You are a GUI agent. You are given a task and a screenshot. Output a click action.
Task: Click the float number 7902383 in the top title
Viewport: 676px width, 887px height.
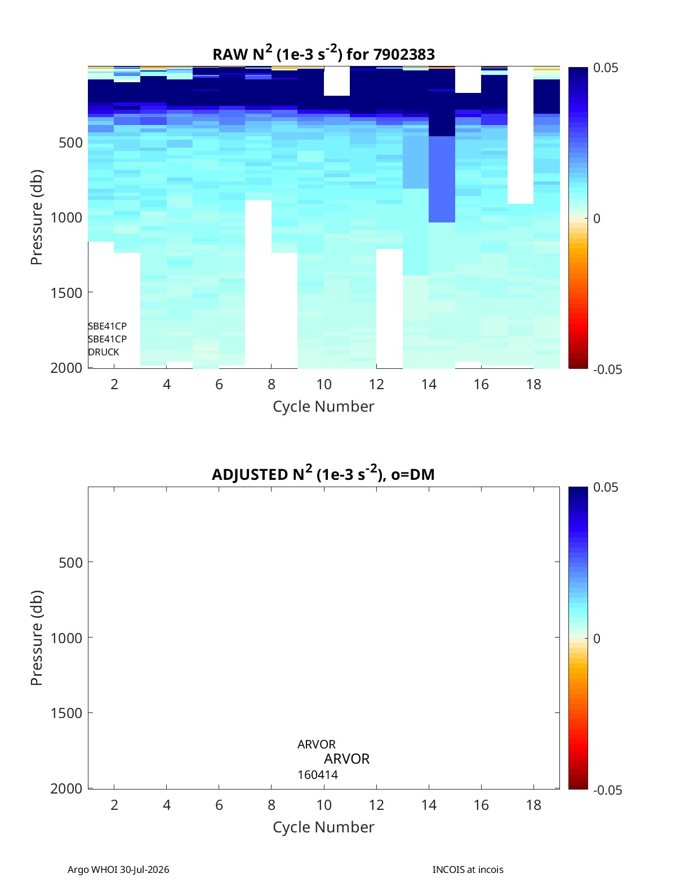click(404, 54)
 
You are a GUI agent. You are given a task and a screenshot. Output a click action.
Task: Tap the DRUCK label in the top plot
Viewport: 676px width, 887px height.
click(104, 352)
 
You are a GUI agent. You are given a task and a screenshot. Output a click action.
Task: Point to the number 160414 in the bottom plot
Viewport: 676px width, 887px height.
click(318, 775)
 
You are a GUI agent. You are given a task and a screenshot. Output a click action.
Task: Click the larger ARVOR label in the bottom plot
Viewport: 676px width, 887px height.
click(346, 759)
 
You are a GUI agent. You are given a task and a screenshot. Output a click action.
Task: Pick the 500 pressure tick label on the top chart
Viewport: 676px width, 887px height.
click(71, 142)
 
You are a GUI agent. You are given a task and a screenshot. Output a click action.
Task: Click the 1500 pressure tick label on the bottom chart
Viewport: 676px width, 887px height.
click(66, 713)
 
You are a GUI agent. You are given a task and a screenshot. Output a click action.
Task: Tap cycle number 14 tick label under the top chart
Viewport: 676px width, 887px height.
click(429, 384)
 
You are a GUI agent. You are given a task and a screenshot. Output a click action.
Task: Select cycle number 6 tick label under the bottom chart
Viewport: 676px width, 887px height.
click(219, 805)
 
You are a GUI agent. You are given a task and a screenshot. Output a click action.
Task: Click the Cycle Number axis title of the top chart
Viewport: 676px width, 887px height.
click(324, 406)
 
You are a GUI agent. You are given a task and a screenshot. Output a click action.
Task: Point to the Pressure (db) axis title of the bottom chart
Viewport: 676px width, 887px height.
click(37, 638)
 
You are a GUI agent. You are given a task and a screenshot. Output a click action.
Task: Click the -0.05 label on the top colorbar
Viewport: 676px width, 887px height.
click(608, 369)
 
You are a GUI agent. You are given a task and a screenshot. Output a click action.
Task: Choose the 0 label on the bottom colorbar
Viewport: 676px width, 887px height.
click(597, 639)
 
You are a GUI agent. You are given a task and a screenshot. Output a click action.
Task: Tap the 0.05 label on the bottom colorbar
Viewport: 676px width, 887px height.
click(606, 487)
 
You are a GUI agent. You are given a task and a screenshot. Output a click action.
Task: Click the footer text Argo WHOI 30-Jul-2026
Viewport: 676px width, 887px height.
click(118, 870)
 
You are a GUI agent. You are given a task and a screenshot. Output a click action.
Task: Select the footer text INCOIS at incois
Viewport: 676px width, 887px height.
click(468, 870)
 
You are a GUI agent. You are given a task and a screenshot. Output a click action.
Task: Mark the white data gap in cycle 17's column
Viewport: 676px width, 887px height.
click(521, 135)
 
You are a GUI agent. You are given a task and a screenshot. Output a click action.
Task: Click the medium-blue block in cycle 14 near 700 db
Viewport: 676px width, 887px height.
click(442, 179)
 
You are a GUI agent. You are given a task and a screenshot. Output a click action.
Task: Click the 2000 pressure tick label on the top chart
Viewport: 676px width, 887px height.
click(66, 368)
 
